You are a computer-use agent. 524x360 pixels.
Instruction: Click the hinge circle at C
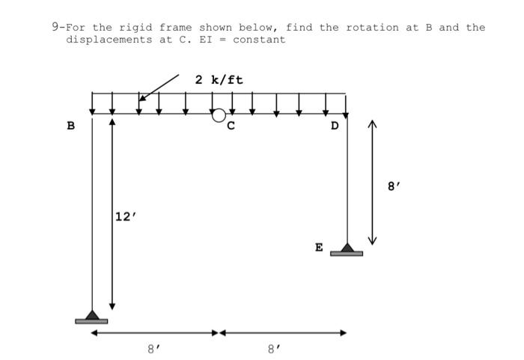click(219, 115)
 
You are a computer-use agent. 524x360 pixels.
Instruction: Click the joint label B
click(71, 126)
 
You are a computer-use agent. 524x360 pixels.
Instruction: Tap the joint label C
click(231, 126)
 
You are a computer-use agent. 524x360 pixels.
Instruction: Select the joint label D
click(335, 126)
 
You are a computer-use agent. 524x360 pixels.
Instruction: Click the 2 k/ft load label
click(219, 79)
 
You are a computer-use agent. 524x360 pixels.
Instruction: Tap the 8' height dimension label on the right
click(394, 186)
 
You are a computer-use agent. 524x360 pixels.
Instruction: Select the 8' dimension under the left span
click(153, 347)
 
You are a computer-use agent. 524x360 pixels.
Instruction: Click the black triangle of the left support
click(91, 314)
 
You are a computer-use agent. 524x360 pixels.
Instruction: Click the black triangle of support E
click(347, 247)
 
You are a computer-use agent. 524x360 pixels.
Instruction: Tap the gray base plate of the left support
click(91, 321)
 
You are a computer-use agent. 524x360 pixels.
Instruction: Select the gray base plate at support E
click(347, 254)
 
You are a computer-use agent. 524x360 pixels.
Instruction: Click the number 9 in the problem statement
click(55, 27)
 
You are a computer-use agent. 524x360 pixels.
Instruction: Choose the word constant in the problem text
click(259, 39)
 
